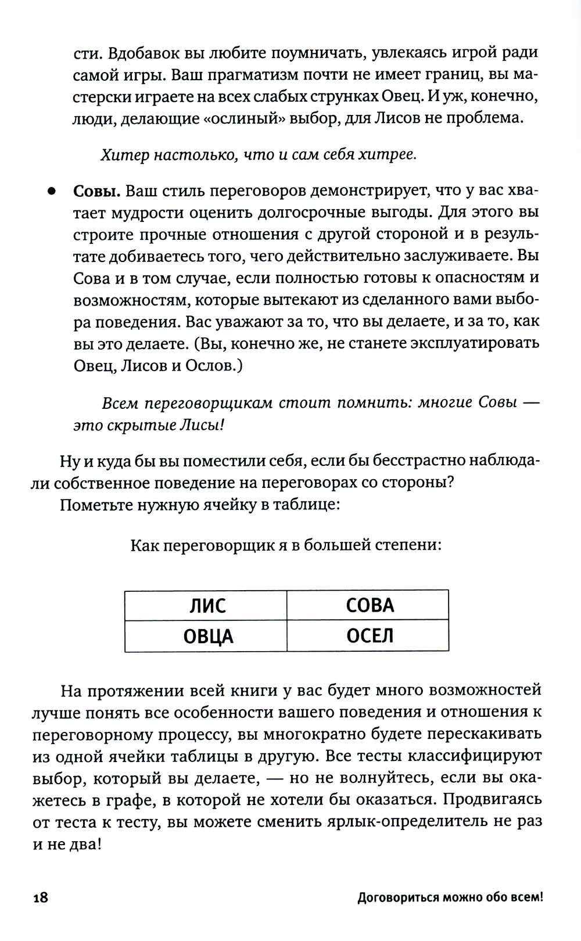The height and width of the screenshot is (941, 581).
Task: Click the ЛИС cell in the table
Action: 207,606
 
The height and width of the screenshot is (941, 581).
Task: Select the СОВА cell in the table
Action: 370,605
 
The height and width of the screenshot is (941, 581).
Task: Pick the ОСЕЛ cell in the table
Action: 370,636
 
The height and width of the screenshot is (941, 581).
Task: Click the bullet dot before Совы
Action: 52,191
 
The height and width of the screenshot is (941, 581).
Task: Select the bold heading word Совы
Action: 97,191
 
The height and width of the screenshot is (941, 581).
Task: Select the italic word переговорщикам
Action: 208,403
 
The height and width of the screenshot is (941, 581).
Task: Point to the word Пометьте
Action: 95,504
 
